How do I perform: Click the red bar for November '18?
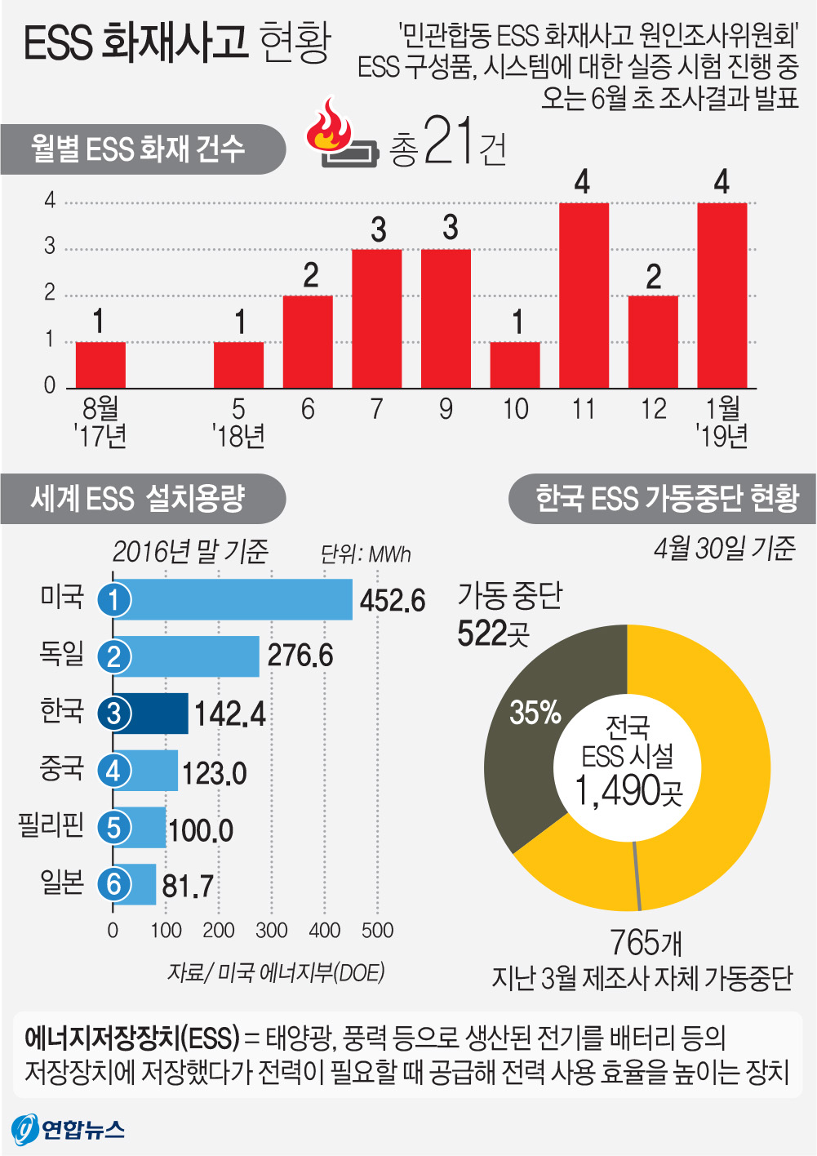(x=584, y=295)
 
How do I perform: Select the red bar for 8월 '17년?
(x=100, y=365)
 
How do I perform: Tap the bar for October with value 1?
(x=515, y=365)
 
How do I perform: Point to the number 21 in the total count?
(x=448, y=142)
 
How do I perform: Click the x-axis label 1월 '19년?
(x=722, y=421)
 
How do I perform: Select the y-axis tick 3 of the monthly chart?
(x=50, y=247)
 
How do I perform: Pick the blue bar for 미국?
(x=233, y=599)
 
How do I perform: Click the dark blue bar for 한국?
(x=151, y=714)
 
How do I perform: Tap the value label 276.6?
(x=300, y=656)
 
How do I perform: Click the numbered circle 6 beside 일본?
(x=113, y=884)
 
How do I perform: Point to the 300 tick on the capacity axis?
(x=271, y=930)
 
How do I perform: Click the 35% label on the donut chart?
(x=535, y=713)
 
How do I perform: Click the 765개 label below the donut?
(x=646, y=943)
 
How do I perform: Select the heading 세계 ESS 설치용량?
(x=138, y=498)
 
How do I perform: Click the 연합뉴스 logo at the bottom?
(x=69, y=1129)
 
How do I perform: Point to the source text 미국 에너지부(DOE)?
(x=300, y=972)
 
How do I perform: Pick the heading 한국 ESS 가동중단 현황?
(x=666, y=498)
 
